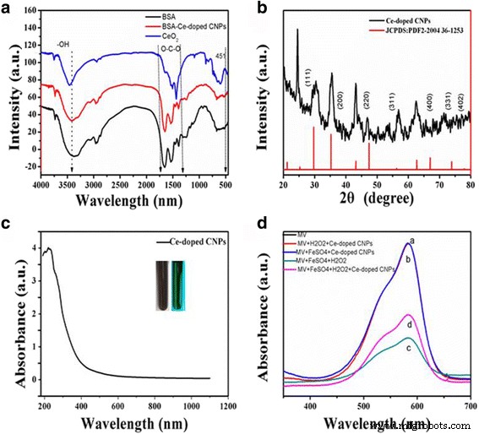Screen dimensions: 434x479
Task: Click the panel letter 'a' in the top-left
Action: [x=9, y=8]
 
